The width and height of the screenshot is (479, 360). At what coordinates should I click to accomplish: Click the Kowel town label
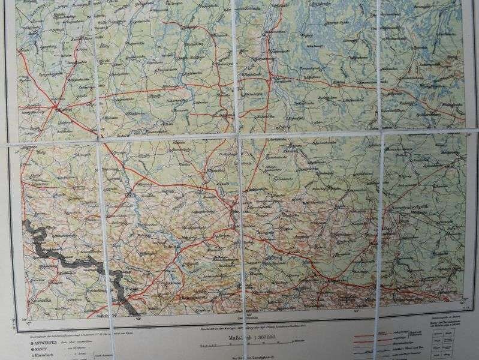point(65,109)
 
